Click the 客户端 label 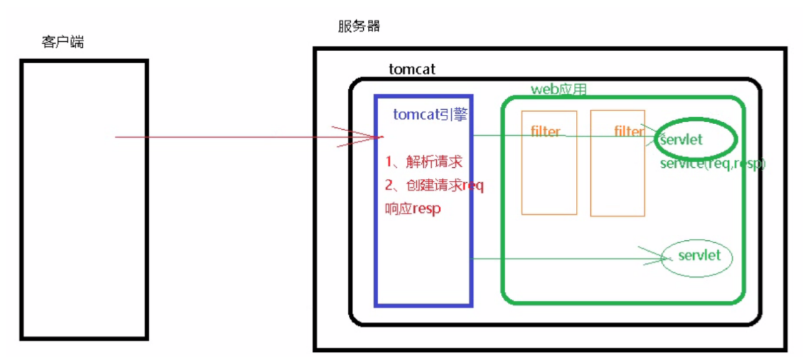[62, 43]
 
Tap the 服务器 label [359, 26]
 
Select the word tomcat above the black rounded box [412, 69]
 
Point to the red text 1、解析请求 [424, 162]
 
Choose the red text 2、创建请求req [434, 186]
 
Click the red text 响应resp [413, 209]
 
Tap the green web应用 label [558, 89]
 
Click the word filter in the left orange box [546, 132]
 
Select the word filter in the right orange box [629, 132]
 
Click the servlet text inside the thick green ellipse [681, 140]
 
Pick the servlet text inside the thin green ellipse [699, 255]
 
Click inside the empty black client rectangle [84, 200]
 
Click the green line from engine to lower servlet [562, 257]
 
